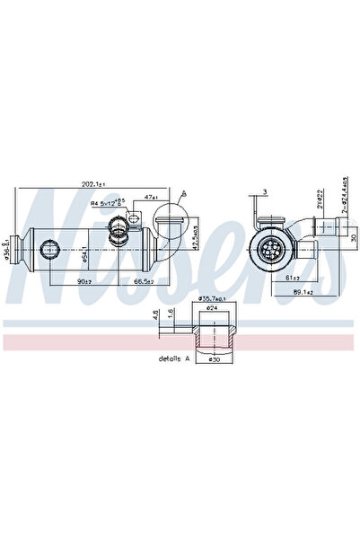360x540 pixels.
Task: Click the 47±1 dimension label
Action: (x=151, y=197)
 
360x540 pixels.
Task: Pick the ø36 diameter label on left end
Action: (x=7, y=245)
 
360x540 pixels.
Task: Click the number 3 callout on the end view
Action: (x=266, y=191)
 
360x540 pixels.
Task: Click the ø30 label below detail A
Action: (x=213, y=359)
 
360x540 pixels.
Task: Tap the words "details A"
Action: (x=173, y=359)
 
